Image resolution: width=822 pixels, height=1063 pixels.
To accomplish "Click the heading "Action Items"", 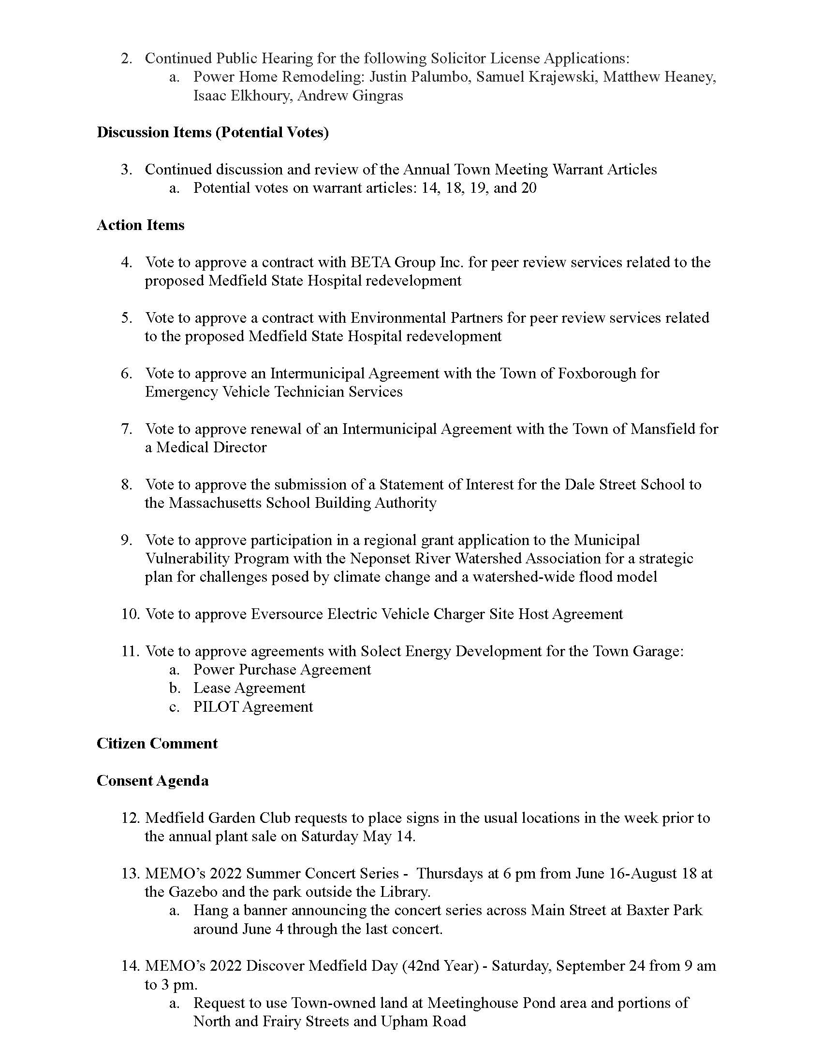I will pos(140,225).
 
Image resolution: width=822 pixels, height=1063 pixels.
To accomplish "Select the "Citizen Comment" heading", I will pos(157,743).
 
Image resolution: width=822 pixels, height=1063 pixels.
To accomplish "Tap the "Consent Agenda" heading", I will pos(152,780).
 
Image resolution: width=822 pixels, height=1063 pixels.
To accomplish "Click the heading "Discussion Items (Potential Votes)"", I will pos(212,132).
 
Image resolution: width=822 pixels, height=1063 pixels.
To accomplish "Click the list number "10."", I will pos(131,614).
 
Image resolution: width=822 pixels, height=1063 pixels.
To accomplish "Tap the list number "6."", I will pos(127,373).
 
